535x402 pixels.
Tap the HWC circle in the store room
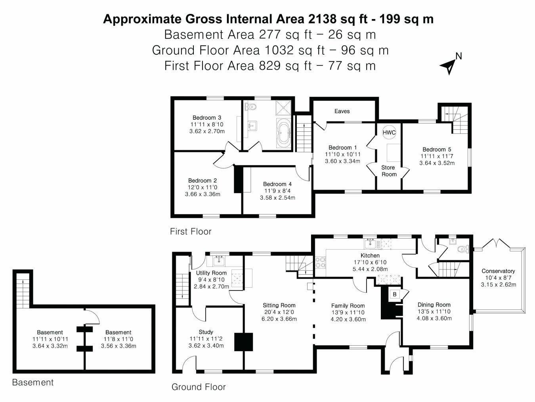coord(389,133)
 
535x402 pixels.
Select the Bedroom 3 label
coord(206,117)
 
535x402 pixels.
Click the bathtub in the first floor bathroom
coord(283,133)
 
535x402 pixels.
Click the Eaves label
coord(342,111)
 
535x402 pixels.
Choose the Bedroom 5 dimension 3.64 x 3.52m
coord(437,163)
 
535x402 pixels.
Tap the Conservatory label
coord(498,271)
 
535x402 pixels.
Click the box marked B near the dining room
coord(394,294)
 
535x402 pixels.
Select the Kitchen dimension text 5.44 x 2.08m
coord(370,269)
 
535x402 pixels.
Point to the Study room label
coord(206,332)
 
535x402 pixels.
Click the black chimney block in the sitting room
coord(243,342)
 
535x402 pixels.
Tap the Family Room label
coord(348,306)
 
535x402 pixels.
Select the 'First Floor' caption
coord(191,231)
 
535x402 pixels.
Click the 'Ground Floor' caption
coord(198,387)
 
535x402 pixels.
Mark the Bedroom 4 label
coord(277,184)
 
